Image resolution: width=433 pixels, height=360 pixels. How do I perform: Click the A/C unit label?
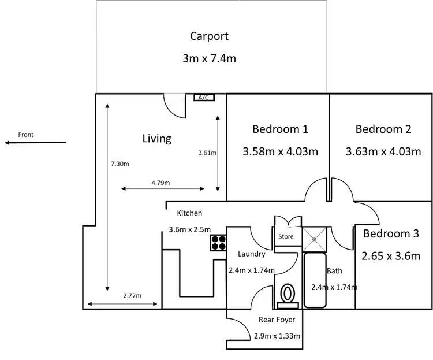pos(203,98)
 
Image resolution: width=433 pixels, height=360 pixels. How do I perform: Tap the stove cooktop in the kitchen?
pos(218,243)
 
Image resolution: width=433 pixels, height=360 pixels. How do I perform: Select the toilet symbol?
pos(287,294)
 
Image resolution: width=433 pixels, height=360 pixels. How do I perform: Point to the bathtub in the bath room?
pos(315,280)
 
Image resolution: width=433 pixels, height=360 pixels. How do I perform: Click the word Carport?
pos(209,36)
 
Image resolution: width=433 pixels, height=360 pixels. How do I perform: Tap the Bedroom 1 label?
pos(280,129)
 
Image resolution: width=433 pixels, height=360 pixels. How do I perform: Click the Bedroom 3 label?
pos(391,234)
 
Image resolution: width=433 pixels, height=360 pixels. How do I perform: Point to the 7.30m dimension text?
pos(120,164)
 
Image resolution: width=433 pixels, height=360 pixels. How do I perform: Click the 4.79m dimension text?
pos(160,183)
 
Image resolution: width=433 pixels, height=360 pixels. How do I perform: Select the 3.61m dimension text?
pos(207,153)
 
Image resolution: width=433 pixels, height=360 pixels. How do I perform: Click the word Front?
pos(26,135)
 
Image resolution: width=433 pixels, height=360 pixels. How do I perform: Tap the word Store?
pos(286,237)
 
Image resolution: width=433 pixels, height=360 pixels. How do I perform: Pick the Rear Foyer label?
pos(277,320)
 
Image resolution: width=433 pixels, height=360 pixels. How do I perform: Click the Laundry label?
pos(252,254)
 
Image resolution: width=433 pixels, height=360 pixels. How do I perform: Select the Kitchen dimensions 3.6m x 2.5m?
pos(189,229)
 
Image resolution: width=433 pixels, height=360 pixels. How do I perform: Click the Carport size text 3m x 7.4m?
pos(209,58)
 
